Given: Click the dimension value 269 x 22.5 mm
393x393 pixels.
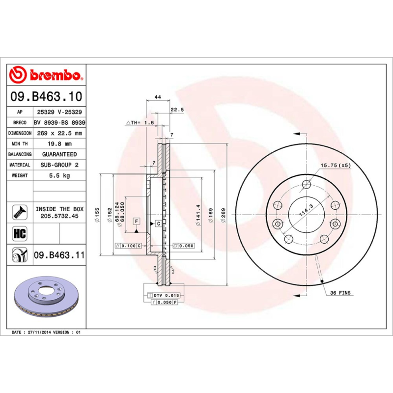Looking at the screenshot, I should pyautogui.click(x=59, y=133).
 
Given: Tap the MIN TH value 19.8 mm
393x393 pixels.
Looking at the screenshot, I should pyautogui.click(x=59, y=144).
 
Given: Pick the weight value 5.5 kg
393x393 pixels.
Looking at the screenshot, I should pyautogui.click(x=59, y=175).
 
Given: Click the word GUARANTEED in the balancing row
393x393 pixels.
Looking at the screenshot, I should pyautogui.click(x=59, y=154).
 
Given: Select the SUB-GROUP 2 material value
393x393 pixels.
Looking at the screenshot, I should pyautogui.click(x=59, y=165).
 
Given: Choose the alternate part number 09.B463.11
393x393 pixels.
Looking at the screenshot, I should pyautogui.click(x=59, y=255).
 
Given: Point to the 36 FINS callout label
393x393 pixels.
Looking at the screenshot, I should pyautogui.click(x=340, y=293).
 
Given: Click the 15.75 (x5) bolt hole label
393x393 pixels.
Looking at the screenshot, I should pyautogui.click(x=336, y=166).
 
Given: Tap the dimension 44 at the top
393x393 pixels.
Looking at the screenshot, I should pyautogui.click(x=158, y=97).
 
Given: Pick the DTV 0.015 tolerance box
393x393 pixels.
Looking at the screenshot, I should pyautogui.click(x=164, y=295).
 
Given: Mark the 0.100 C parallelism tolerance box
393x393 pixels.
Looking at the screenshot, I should pyautogui.click(x=128, y=245).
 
